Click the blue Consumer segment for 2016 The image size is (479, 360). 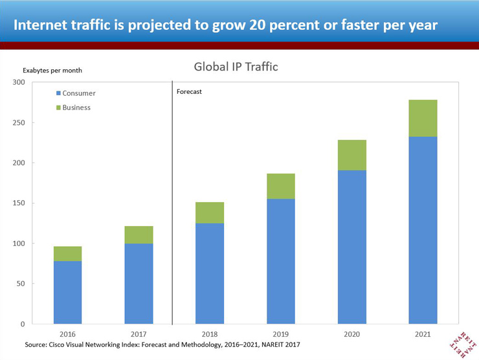point(67,292)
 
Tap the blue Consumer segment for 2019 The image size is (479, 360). point(281,261)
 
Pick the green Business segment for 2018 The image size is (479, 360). point(210,212)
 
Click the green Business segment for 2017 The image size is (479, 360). point(139,234)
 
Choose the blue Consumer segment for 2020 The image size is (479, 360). point(352,247)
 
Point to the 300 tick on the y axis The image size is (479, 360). point(18,82)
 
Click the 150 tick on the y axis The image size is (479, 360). point(18,203)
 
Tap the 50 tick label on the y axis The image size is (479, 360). point(20,284)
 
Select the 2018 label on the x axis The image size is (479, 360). point(210,334)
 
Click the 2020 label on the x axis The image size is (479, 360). point(352,334)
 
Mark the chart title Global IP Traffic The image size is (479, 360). point(236,67)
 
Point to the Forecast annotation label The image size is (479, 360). point(190,92)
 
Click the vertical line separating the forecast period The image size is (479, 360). point(172,207)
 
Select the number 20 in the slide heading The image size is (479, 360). point(251,25)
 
